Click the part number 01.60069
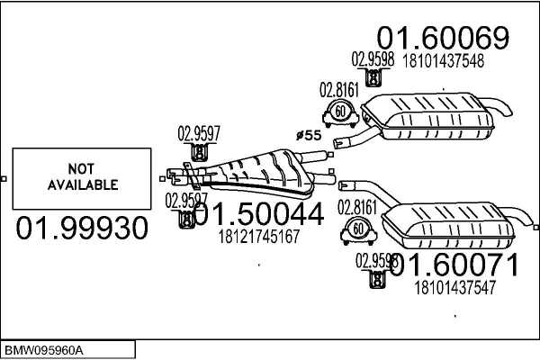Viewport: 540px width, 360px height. (x=443, y=39)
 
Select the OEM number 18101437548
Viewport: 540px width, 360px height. (x=445, y=62)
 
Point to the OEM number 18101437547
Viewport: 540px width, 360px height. (x=454, y=288)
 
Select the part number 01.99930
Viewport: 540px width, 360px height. (x=82, y=229)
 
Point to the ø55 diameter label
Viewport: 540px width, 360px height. (x=309, y=135)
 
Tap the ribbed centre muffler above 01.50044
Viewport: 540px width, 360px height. (x=261, y=171)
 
